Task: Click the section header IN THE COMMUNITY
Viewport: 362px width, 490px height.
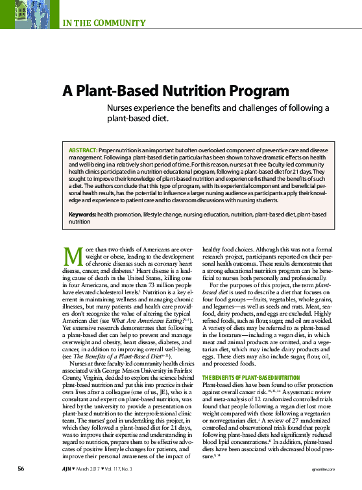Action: tap(104, 24)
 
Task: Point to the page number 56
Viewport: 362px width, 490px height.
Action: tap(21, 467)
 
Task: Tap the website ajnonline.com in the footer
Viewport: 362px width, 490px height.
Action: tap(328, 468)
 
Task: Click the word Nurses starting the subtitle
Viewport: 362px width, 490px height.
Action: tap(121, 108)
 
